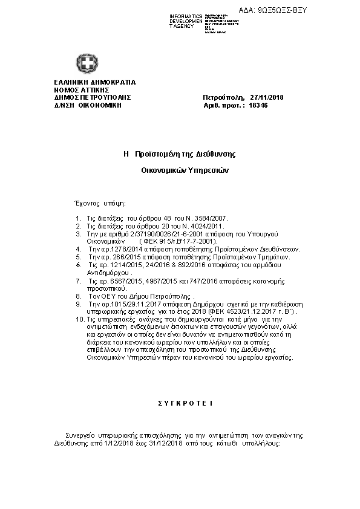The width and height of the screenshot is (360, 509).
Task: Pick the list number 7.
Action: (78, 281)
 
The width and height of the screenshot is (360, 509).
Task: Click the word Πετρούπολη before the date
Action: (223, 97)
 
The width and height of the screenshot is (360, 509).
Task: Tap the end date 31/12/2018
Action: (166, 443)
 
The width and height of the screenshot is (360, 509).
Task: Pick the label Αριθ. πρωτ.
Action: (219, 105)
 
